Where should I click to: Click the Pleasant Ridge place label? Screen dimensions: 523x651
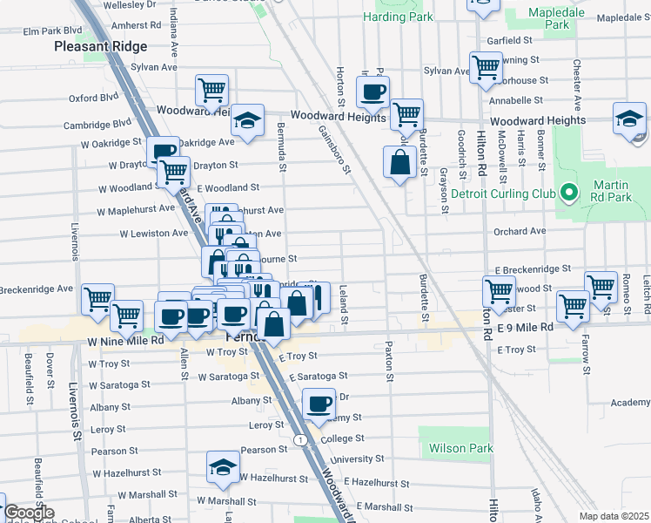100,46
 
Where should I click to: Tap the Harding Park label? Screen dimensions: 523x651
399,17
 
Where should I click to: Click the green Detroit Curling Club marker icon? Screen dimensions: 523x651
569,192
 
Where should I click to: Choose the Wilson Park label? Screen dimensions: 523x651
460,449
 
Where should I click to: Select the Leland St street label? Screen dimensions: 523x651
344,307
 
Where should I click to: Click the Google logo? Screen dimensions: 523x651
29,513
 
